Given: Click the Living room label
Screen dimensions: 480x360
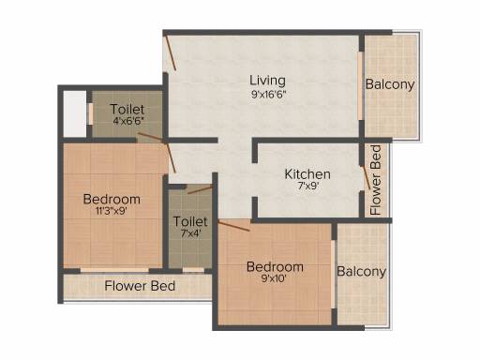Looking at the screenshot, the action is tap(267, 81).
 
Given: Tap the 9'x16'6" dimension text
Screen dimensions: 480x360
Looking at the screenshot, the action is tap(269, 94).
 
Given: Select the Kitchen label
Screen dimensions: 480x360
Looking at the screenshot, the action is tap(307, 174).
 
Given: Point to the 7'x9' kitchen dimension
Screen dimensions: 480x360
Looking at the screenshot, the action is tap(308, 187).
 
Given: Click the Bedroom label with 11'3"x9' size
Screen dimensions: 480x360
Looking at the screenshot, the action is tap(112, 199).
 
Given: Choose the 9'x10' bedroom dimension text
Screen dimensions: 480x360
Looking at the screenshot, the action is tap(274, 278).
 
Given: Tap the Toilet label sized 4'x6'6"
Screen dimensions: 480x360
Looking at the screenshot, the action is tap(127, 109).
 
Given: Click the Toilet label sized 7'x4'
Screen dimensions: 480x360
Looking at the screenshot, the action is tap(190, 221).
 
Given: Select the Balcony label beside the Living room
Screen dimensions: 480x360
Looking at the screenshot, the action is tap(390, 84).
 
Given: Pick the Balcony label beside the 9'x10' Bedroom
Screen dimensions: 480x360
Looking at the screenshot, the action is tap(362, 272).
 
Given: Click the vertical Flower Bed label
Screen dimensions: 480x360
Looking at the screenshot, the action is tap(375, 180).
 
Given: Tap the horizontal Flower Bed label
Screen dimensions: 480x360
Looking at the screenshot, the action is tap(140, 286).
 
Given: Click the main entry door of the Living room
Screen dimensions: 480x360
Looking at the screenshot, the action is tap(171, 53).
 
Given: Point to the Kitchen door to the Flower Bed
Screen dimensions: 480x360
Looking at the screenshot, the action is tap(366, 177).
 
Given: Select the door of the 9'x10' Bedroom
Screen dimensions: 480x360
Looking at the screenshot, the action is tap(233, 226).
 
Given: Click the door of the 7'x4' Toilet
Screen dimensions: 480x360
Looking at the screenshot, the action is tap(200, 189).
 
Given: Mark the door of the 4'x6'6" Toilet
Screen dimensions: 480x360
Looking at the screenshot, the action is tap(150, 138).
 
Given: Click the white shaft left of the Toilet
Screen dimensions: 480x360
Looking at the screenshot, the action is tap(75, 113).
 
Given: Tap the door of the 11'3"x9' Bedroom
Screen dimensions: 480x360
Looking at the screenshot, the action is tap(171, 157).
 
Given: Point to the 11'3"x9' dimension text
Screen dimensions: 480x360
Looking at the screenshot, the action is tap(112, 211).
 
